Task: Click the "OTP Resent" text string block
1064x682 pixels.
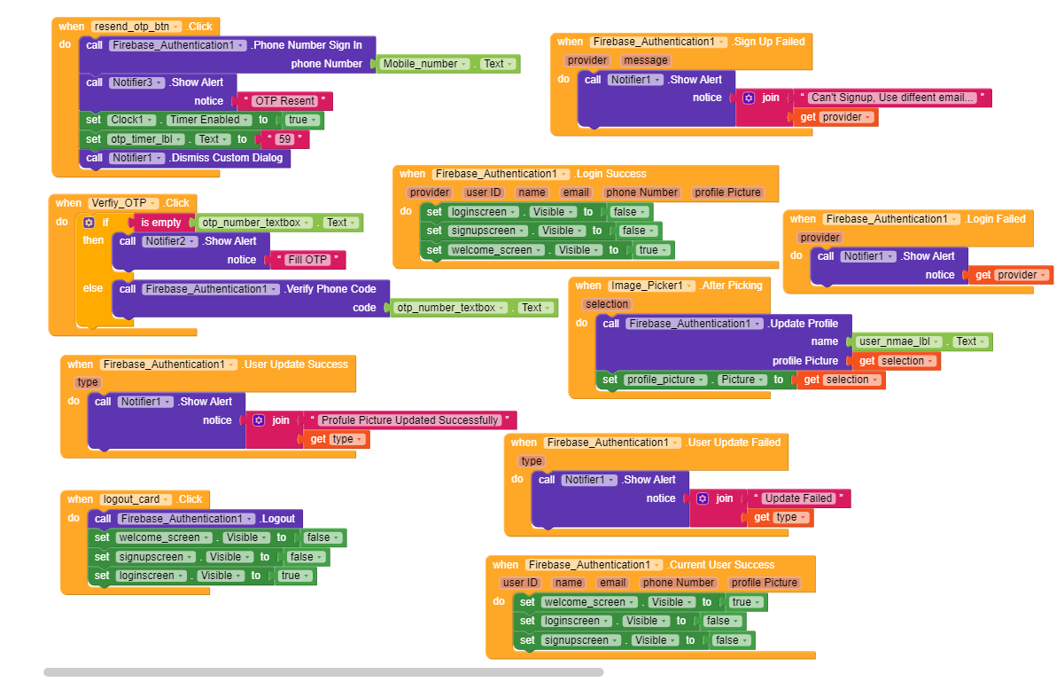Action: (x=284, y=101)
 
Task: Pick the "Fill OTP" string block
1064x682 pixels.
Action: (x=307, y=260)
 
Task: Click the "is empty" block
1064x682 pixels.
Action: (x=160, y=223)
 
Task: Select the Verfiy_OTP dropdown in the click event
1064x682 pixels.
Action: (x=123, y=203)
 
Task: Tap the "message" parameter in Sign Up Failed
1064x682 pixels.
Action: (x=646, y=60)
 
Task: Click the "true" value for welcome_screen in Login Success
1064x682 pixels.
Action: (x=653, y=250)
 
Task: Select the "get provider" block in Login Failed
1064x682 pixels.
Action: (x=1011, y=275)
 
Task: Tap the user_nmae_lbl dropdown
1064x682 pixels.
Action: (x=898, y=341)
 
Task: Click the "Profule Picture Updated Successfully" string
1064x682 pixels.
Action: (x=409, y=420)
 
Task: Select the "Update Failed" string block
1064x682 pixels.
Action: (x=798, y=498)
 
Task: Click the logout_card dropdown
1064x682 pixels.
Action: (x=136, y=499)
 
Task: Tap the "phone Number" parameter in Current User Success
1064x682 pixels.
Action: (x=678, y=583)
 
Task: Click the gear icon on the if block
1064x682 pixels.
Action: (x=89, y=223)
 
